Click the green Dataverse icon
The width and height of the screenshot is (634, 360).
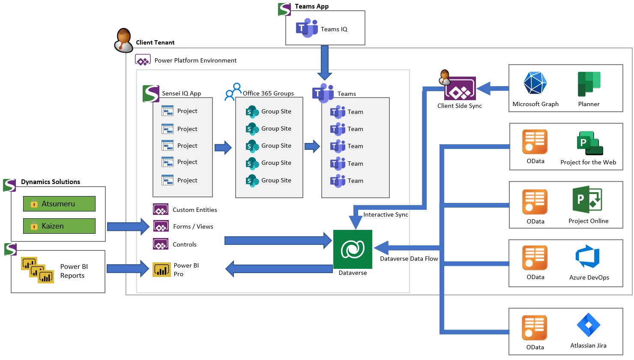(x=353, y=249)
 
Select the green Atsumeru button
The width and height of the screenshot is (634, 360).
(x=59, y=204)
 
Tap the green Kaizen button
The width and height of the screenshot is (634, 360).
(x=59, y=226)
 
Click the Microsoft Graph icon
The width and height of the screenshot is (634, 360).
(x=535, y=83)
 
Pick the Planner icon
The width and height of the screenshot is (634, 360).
(x=589, y=84)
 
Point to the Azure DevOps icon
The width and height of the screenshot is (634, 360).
(x=588, y=257)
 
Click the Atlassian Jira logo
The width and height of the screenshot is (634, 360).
(x=588, y=325)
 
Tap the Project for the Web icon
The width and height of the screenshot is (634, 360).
(x=589, y=143)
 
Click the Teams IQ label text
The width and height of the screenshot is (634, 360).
(x=334, y=29)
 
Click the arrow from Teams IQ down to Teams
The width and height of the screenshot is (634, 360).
(x=325, y=62)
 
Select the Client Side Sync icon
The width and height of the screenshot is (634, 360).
(x=460, y=89)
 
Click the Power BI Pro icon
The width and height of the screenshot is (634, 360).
(x=161, y=270)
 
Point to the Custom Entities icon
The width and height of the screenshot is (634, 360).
(x=161, y=210)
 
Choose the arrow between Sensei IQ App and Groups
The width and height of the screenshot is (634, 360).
(x=223, y=148)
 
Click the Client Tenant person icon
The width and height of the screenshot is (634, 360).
(x=124, y=41)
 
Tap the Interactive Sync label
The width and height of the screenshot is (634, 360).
(x=386, y=214)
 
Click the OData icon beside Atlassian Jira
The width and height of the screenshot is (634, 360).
(x=535, y=328)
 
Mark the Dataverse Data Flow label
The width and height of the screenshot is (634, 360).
(x=409, y=259)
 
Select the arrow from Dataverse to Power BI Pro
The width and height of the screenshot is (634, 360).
(x=278, y=269)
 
